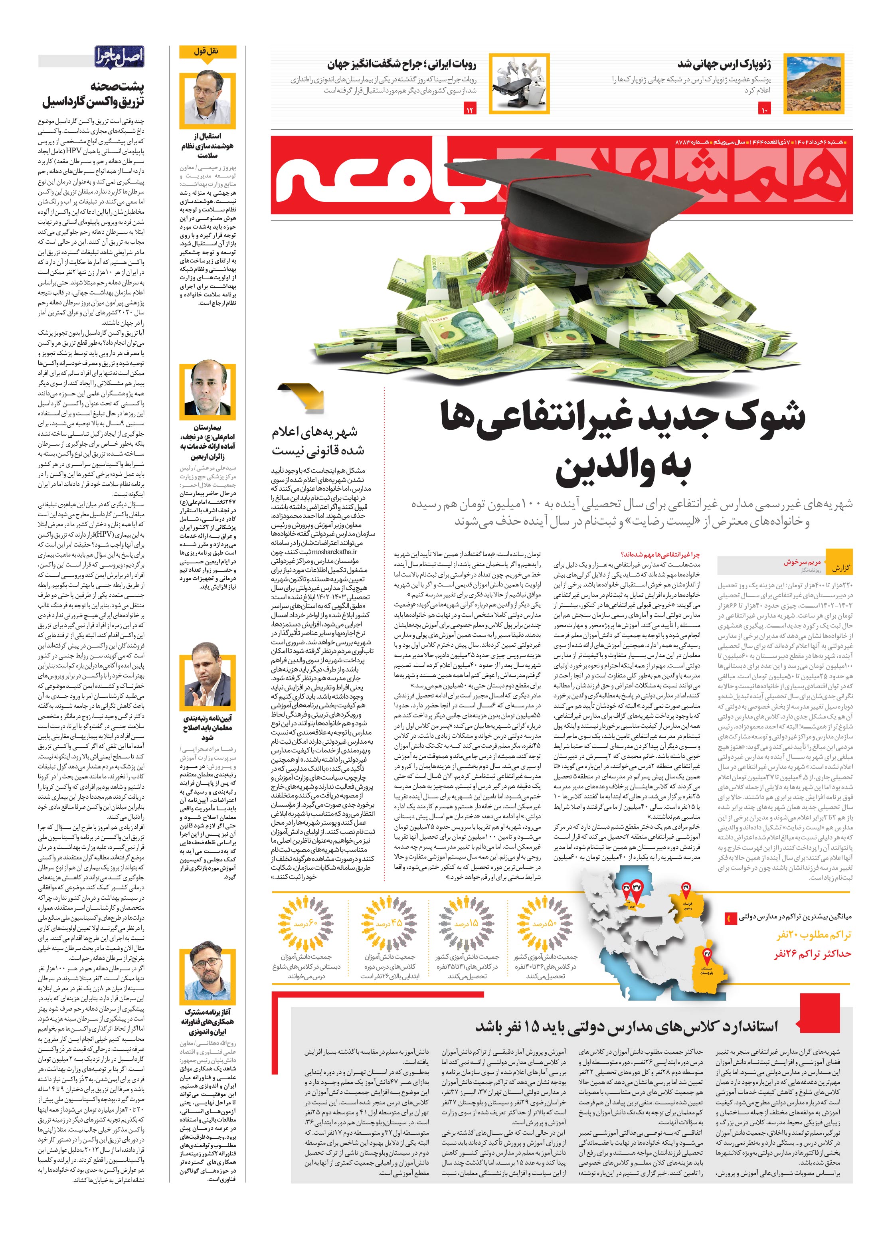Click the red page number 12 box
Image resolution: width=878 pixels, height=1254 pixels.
(469, 110)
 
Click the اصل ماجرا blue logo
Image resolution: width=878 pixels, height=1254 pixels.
(119, 56)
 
